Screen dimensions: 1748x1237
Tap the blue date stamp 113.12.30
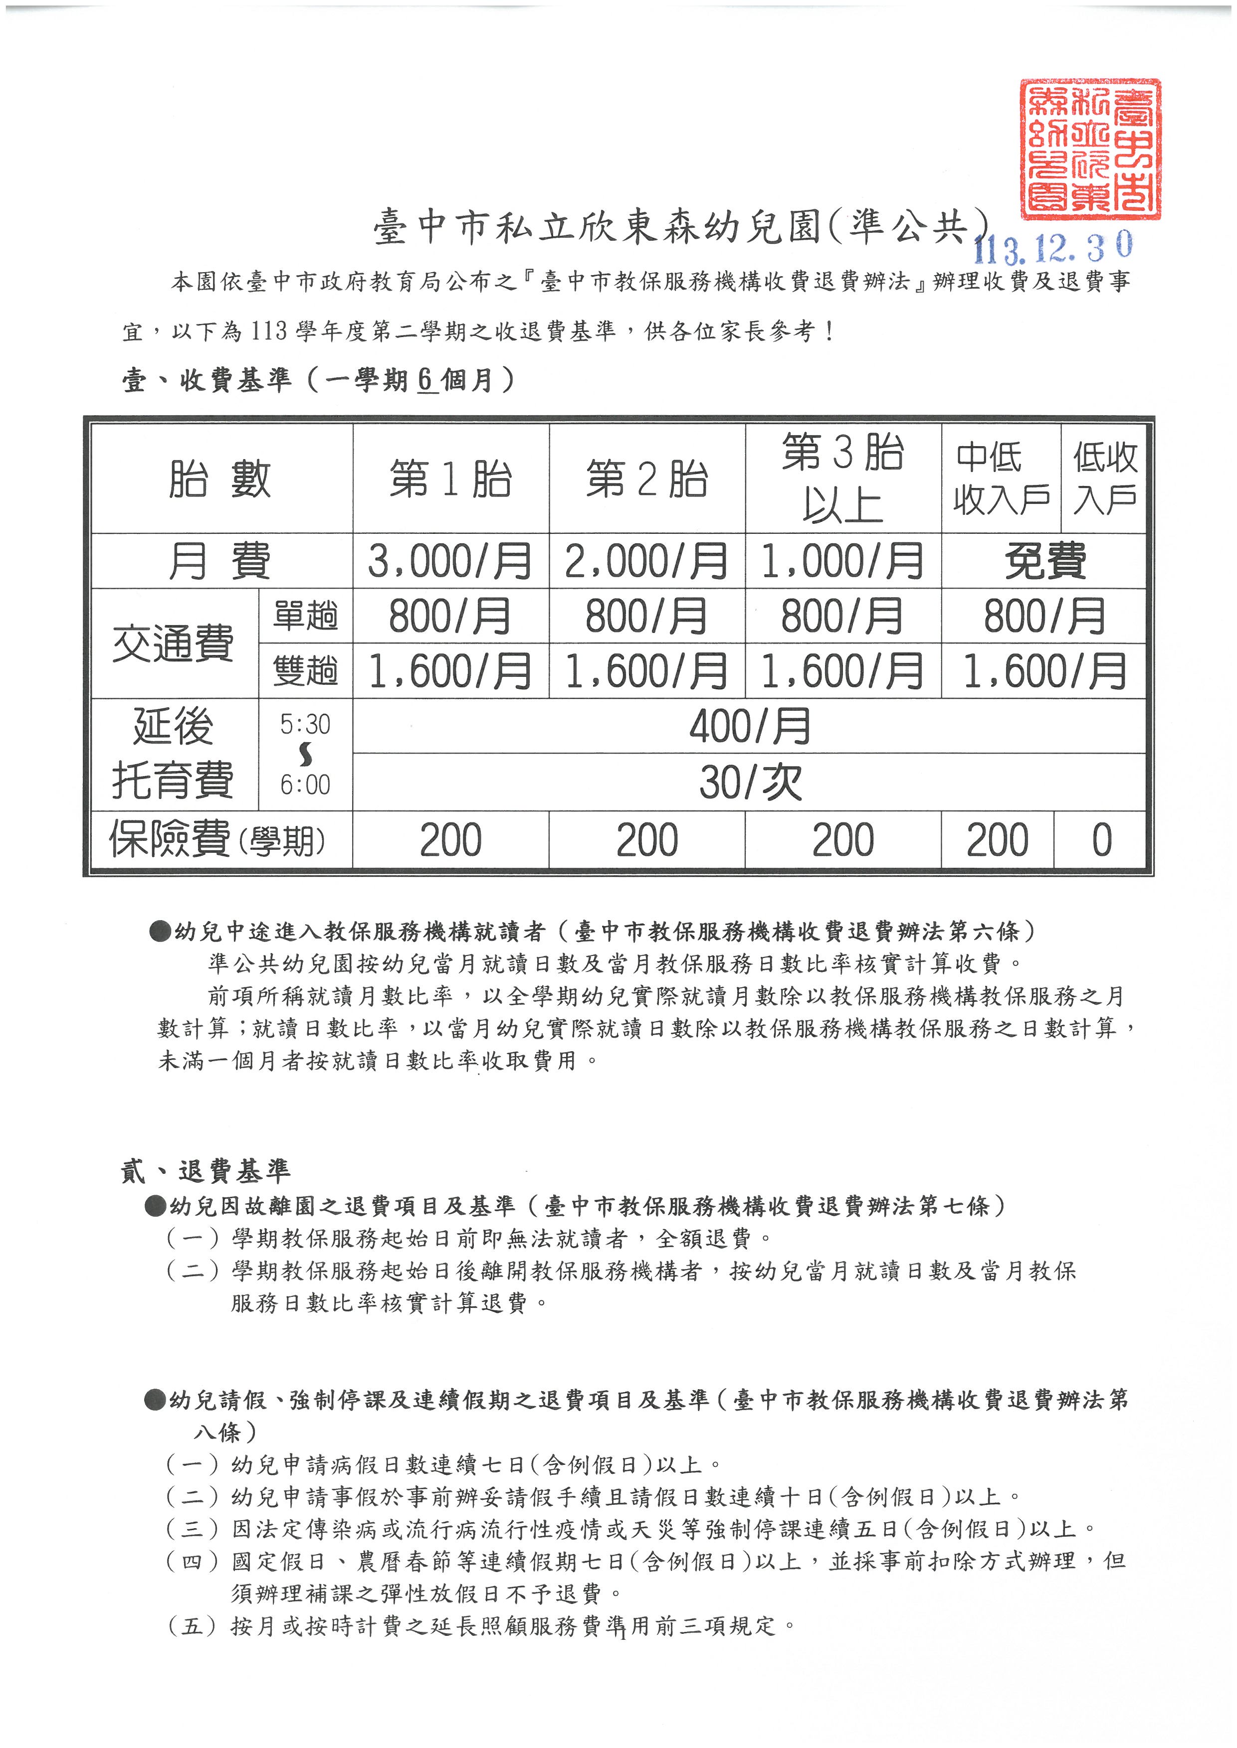(x=1053, y=247)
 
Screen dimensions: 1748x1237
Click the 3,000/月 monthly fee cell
(x=450, y=561)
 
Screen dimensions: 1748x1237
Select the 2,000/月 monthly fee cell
(x=647, y=561)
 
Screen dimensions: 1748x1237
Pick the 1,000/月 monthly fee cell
(x=842, y=561)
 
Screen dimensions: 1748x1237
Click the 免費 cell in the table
(x=1044, y=561)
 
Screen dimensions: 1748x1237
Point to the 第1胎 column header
(x=450, y=479)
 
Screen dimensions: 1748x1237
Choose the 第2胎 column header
(x=647, y=479)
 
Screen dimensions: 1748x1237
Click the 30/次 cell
(x=750, y=782)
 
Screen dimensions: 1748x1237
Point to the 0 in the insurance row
(x=1101, y=840)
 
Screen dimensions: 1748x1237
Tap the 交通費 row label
(x=173, y=643)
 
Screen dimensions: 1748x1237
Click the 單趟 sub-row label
(x=305, y=616)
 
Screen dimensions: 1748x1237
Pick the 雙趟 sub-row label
(x=305, y=671)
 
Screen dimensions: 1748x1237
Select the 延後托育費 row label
(x=173, y=754)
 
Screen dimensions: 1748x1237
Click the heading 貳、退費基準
(x=206, y=1171)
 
